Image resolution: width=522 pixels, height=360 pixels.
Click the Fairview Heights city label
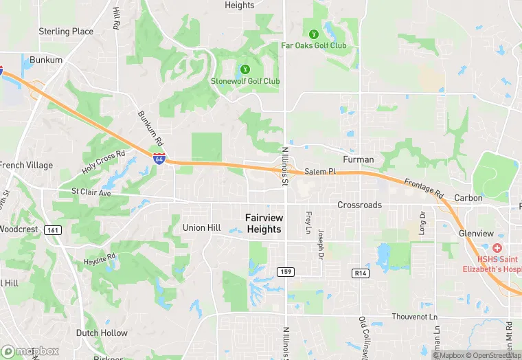(264, 223)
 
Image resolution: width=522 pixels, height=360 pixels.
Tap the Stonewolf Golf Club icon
(244, 69)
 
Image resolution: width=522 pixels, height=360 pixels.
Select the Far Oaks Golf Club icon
(313, 33)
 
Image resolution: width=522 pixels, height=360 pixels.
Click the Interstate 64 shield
(159, 159)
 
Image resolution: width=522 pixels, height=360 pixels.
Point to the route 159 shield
(286, 272)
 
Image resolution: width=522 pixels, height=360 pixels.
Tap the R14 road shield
(361, 273)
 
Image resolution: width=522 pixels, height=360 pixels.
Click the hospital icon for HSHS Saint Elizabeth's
(497, 247)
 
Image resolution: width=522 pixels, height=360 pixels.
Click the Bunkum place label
(46, 60)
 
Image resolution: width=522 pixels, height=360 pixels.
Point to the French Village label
(25, 166)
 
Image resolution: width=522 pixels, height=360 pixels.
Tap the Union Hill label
(201, 227)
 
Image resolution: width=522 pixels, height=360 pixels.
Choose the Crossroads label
(359, 205)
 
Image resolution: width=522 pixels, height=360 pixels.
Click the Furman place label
(359, 159)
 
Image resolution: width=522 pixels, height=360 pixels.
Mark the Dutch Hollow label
(102, 333)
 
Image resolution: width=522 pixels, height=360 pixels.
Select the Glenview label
(476, 233)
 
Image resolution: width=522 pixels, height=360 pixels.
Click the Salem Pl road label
(320, 172)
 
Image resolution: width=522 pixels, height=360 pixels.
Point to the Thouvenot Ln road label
(414, 317)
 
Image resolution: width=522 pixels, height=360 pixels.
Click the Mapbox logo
(29, 350)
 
